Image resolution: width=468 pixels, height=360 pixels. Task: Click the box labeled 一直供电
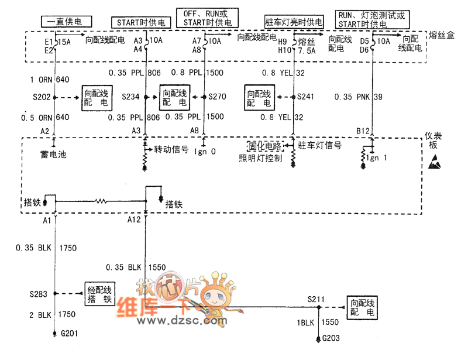click(66, 22)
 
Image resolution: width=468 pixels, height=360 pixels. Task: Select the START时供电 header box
click(141, 23)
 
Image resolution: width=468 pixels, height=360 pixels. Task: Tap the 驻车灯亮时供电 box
click(294, 22)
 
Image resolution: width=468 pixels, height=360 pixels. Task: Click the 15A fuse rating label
click(65, 42)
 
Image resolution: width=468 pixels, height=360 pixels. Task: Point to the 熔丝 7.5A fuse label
click(307, 46)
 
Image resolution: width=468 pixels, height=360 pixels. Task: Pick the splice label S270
click(218, 97)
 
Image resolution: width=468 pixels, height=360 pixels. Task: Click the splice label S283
click(39, 293)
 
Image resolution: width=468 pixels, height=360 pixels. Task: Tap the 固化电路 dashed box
click(265, 146)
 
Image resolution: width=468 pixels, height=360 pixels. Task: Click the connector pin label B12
click(363, 131)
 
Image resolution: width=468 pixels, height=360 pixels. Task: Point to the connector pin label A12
click(135, 220)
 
